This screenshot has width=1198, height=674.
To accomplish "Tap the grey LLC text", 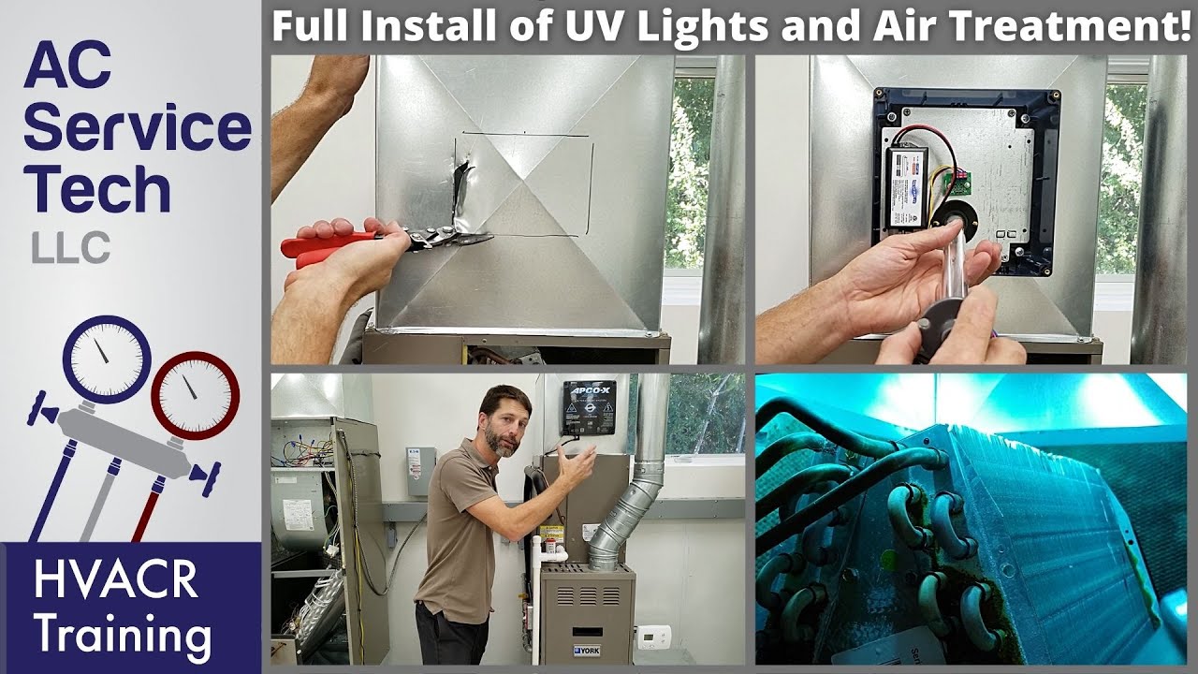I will coord(70,249).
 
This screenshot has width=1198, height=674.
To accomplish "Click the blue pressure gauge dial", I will coord(107,359).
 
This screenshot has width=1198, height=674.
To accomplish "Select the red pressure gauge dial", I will coord(196,394).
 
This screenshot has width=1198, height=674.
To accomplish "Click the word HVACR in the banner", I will coord(115,580).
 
